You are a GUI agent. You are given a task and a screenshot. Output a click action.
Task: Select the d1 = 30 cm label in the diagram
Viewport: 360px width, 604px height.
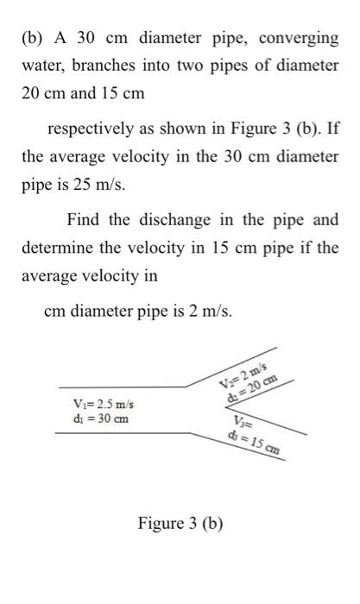102,419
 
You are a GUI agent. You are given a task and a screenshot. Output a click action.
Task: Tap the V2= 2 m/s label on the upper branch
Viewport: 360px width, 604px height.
244,377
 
